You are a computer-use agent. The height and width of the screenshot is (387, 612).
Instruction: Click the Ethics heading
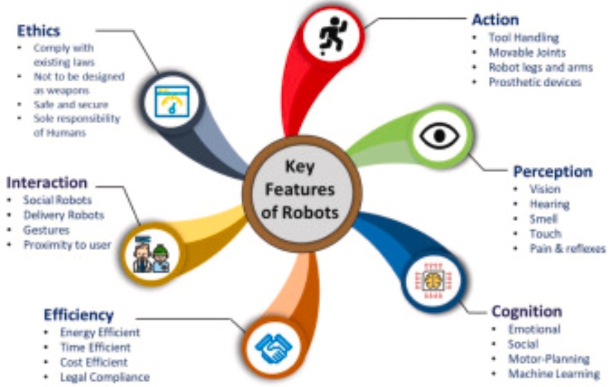(39, 30)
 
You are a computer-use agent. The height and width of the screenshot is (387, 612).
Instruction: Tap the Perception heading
(552, 171)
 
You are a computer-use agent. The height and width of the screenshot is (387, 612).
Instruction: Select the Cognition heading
(526, 311)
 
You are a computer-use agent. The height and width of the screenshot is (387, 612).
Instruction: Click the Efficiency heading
(79, 314)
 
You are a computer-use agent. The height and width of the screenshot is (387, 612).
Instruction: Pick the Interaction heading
(47, 182)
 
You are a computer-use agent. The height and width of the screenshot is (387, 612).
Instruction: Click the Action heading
(495, 19)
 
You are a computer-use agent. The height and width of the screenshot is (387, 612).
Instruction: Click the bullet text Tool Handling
(523, 38)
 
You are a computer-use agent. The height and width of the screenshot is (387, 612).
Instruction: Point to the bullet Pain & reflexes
(567, 248)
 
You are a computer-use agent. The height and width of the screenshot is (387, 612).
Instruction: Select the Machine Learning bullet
(554, 373)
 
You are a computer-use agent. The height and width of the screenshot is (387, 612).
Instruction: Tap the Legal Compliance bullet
(104, 377)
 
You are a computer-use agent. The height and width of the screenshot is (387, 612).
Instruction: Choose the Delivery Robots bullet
(64, 215)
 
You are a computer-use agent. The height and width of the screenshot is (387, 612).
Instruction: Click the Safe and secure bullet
(70, 105)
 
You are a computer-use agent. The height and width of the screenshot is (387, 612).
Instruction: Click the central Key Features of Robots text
(301, 190)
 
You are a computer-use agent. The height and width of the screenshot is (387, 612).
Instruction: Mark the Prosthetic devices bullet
(535, 82)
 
